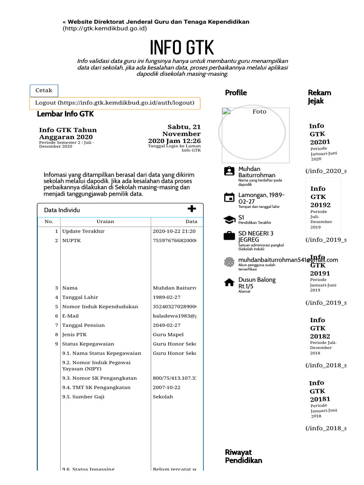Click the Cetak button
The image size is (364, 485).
[x=44, y=90]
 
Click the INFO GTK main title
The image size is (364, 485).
[x=182, y=48]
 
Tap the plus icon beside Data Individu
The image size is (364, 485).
[x=191, y=209]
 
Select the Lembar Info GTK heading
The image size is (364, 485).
[x=65, y=114]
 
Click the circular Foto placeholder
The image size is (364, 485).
[x=252, y=132]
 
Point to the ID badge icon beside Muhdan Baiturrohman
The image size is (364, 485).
[x=229, y=171]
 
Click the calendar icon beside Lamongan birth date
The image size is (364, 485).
[x=229, y=198]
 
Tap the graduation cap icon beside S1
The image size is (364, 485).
[x=229, y=220]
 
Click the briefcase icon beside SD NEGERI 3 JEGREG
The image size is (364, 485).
[x=229, y=236]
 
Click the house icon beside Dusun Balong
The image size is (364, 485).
[x=229, y=283]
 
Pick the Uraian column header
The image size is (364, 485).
[x=105, y=222]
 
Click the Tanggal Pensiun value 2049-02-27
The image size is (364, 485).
[x=166, y=325]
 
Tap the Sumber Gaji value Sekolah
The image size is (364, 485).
[x=163, y=397]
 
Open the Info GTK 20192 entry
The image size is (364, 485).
[x=320, y=197]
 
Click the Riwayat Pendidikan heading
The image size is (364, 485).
[x=243, y=457]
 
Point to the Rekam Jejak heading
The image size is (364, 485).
[x=319, y=97]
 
